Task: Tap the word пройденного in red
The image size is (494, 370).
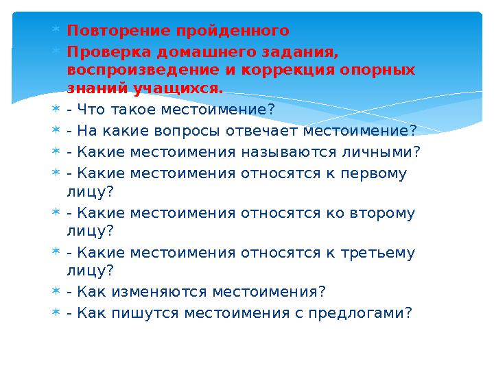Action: pyautogui.click(x=233, y=31)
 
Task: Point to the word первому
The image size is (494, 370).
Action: pyautogui.click(x=373, y=173)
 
